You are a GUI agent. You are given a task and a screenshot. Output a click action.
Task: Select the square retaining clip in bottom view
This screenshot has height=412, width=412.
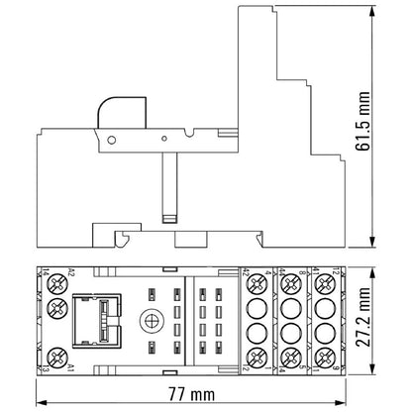pos(97,318)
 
